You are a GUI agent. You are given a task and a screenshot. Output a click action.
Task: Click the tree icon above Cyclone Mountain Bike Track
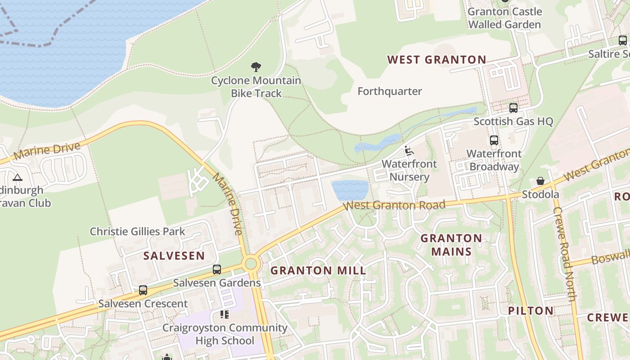coord(256,67)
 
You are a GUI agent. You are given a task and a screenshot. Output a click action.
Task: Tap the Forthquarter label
coord(390,91)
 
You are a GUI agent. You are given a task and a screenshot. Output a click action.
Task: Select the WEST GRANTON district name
coord(436,59)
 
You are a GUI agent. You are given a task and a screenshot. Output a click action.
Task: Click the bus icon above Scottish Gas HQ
coord(513,108)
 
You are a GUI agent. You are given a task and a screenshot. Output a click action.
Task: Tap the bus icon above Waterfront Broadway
coord(494,140)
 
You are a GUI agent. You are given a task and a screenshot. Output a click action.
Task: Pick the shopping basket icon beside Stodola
coord(540,181)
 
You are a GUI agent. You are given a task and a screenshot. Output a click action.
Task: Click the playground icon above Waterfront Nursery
coord(409,151)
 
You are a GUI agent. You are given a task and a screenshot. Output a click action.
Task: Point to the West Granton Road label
coord(394,206)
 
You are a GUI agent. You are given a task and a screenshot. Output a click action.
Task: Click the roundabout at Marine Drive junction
coord(251,264)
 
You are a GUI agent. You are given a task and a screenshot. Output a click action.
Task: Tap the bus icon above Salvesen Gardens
coord(217,270)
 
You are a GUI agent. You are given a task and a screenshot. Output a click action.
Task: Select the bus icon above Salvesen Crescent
coord(143,290)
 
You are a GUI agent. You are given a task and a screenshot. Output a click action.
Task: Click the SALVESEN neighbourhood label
coord(174,256)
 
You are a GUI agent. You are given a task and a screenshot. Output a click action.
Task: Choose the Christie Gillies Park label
coord(137,231)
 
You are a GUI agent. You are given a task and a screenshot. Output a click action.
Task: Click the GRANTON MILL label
coord(318,270)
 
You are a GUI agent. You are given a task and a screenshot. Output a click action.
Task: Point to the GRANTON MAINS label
coord(451,245)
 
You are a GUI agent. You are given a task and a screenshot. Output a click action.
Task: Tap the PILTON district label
coord(531,310)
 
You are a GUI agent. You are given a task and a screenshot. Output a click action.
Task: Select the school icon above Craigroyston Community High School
coord(224,314)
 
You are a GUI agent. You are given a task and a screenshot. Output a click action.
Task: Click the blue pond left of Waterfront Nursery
coord(351,190)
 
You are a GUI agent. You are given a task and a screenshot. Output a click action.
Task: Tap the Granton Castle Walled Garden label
coord(504,18)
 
